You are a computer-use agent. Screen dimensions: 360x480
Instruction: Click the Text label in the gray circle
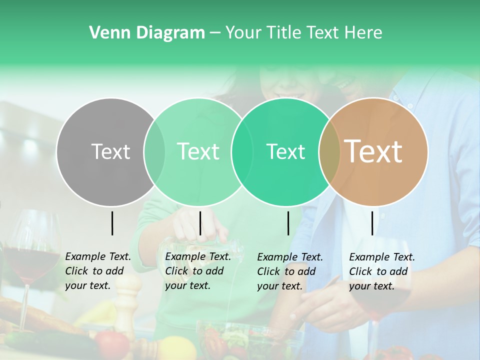click(110, 151)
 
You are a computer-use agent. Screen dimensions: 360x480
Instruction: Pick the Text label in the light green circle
click(198, 151)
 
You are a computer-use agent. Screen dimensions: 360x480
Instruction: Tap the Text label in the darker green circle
click(285, 151)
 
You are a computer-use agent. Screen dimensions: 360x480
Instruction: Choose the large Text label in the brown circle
click(373, 151)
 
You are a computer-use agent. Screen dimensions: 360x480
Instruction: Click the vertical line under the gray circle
click(112, 223)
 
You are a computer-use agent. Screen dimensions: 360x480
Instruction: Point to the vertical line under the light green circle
click(200, 223)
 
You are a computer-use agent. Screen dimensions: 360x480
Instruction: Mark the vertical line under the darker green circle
click(288, 223)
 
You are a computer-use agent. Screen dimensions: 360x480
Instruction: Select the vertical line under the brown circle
click(372, 223)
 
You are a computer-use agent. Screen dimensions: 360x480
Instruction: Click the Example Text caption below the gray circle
click(98, 271)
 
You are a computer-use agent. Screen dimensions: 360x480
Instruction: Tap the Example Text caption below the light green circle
click(198, 271)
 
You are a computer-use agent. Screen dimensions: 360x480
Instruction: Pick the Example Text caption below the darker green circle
click(290, 271)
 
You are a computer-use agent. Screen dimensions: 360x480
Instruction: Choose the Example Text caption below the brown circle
click(382, 271)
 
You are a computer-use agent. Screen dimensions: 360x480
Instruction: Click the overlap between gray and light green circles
click(154, 151)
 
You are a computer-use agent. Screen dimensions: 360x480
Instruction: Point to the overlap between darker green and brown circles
click(329, 151)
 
